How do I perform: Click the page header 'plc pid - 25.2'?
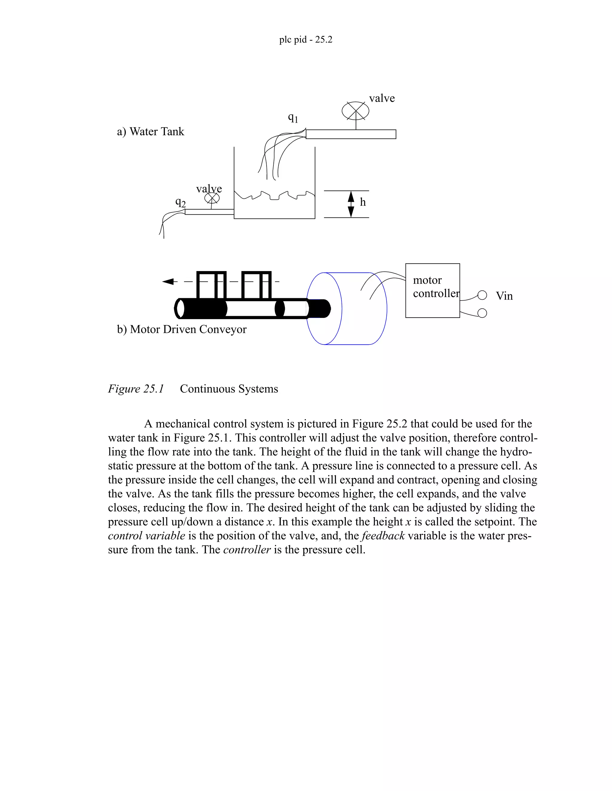[x=306, y=39]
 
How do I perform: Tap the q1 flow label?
[x=293, y=117]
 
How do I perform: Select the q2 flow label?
[x=180, y=202]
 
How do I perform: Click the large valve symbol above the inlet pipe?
[x=356, y=111]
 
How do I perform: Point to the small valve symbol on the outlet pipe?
[x=212, y=198]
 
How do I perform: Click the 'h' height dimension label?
[x=362, y=202]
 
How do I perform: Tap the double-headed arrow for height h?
[x=351, y=204]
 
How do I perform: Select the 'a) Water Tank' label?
[x=151, y=131]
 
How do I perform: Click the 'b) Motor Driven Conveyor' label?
[x=182, y=329]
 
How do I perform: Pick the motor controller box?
[x=432, y=290]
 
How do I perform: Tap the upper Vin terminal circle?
[x=482, y=295]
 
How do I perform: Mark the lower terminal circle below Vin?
[x=482, y=313]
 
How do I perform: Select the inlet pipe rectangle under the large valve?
[x=351, y=134]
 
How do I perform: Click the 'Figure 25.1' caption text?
[x=136, y=389]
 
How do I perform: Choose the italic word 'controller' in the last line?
[x=247, y=550]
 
